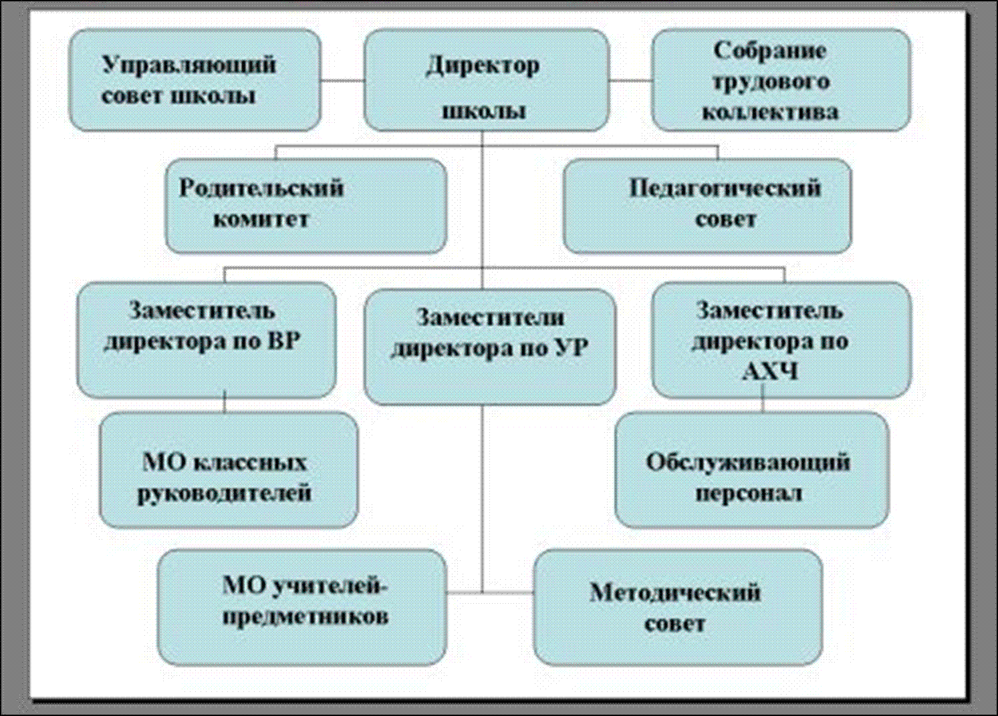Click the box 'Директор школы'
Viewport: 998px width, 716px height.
486,80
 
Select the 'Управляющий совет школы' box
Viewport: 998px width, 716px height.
195,80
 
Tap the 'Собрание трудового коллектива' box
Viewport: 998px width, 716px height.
781,80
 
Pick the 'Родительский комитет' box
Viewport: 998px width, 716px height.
305,206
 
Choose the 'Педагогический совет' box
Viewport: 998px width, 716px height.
707,206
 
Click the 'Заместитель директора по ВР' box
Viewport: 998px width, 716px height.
206,340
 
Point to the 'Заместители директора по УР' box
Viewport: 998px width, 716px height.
489,347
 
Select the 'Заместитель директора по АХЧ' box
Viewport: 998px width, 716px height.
781,340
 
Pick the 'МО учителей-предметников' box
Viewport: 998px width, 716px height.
302,607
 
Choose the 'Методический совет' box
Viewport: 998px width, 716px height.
677,607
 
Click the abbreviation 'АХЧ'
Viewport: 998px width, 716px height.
770,371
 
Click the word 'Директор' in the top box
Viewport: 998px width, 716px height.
483,65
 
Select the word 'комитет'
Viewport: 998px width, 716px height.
261,219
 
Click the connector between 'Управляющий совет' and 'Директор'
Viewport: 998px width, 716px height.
342,81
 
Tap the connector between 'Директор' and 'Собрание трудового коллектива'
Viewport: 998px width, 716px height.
630,81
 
